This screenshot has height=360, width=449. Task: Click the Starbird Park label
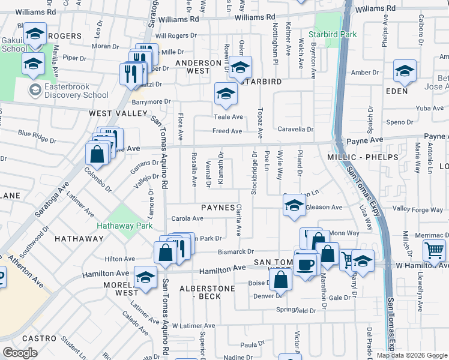coord(332,34)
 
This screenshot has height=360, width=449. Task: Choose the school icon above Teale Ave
coord(226,93)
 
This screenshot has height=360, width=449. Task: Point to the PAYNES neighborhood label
coord(217,207)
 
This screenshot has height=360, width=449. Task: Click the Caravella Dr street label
coord(295,129)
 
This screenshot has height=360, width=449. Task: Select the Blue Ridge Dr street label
coord(37,137)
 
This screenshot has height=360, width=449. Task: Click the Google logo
coord(20,353)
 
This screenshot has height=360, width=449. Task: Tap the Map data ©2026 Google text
coord(412,355)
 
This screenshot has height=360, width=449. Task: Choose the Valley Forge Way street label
coord(418,209)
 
